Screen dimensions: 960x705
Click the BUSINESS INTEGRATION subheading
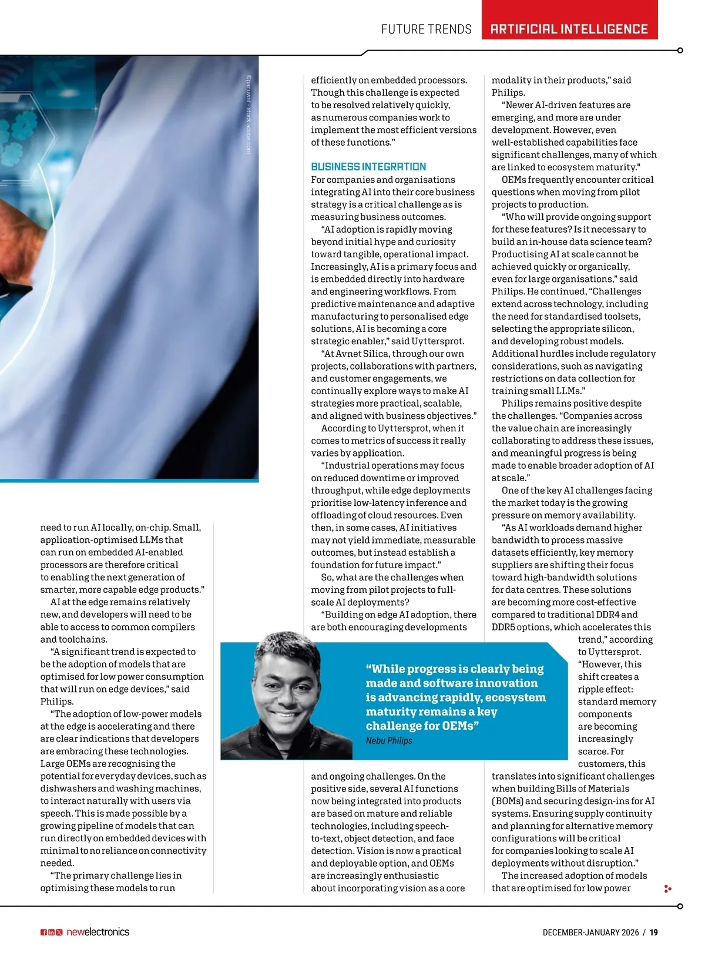tap(368, 167)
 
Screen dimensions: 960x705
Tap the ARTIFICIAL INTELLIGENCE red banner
tap(569, 29)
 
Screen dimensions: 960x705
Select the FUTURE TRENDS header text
tap(426, 29)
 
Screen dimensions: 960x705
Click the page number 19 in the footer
tap(654, 932)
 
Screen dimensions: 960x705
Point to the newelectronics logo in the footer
tap(98, 932)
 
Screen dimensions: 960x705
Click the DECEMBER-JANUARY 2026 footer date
tap(590, 932)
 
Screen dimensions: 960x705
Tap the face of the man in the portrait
tap(286, 687)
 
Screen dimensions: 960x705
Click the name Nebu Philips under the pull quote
tap(389, 740)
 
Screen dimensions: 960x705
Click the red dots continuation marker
tap(667, 889)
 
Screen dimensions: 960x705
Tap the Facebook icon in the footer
tap(43, 932)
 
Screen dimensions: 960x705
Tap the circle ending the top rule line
tap(680, 51)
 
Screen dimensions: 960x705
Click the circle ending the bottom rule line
tap(680, 907)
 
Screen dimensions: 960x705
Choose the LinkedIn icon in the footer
tap(51, 932)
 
